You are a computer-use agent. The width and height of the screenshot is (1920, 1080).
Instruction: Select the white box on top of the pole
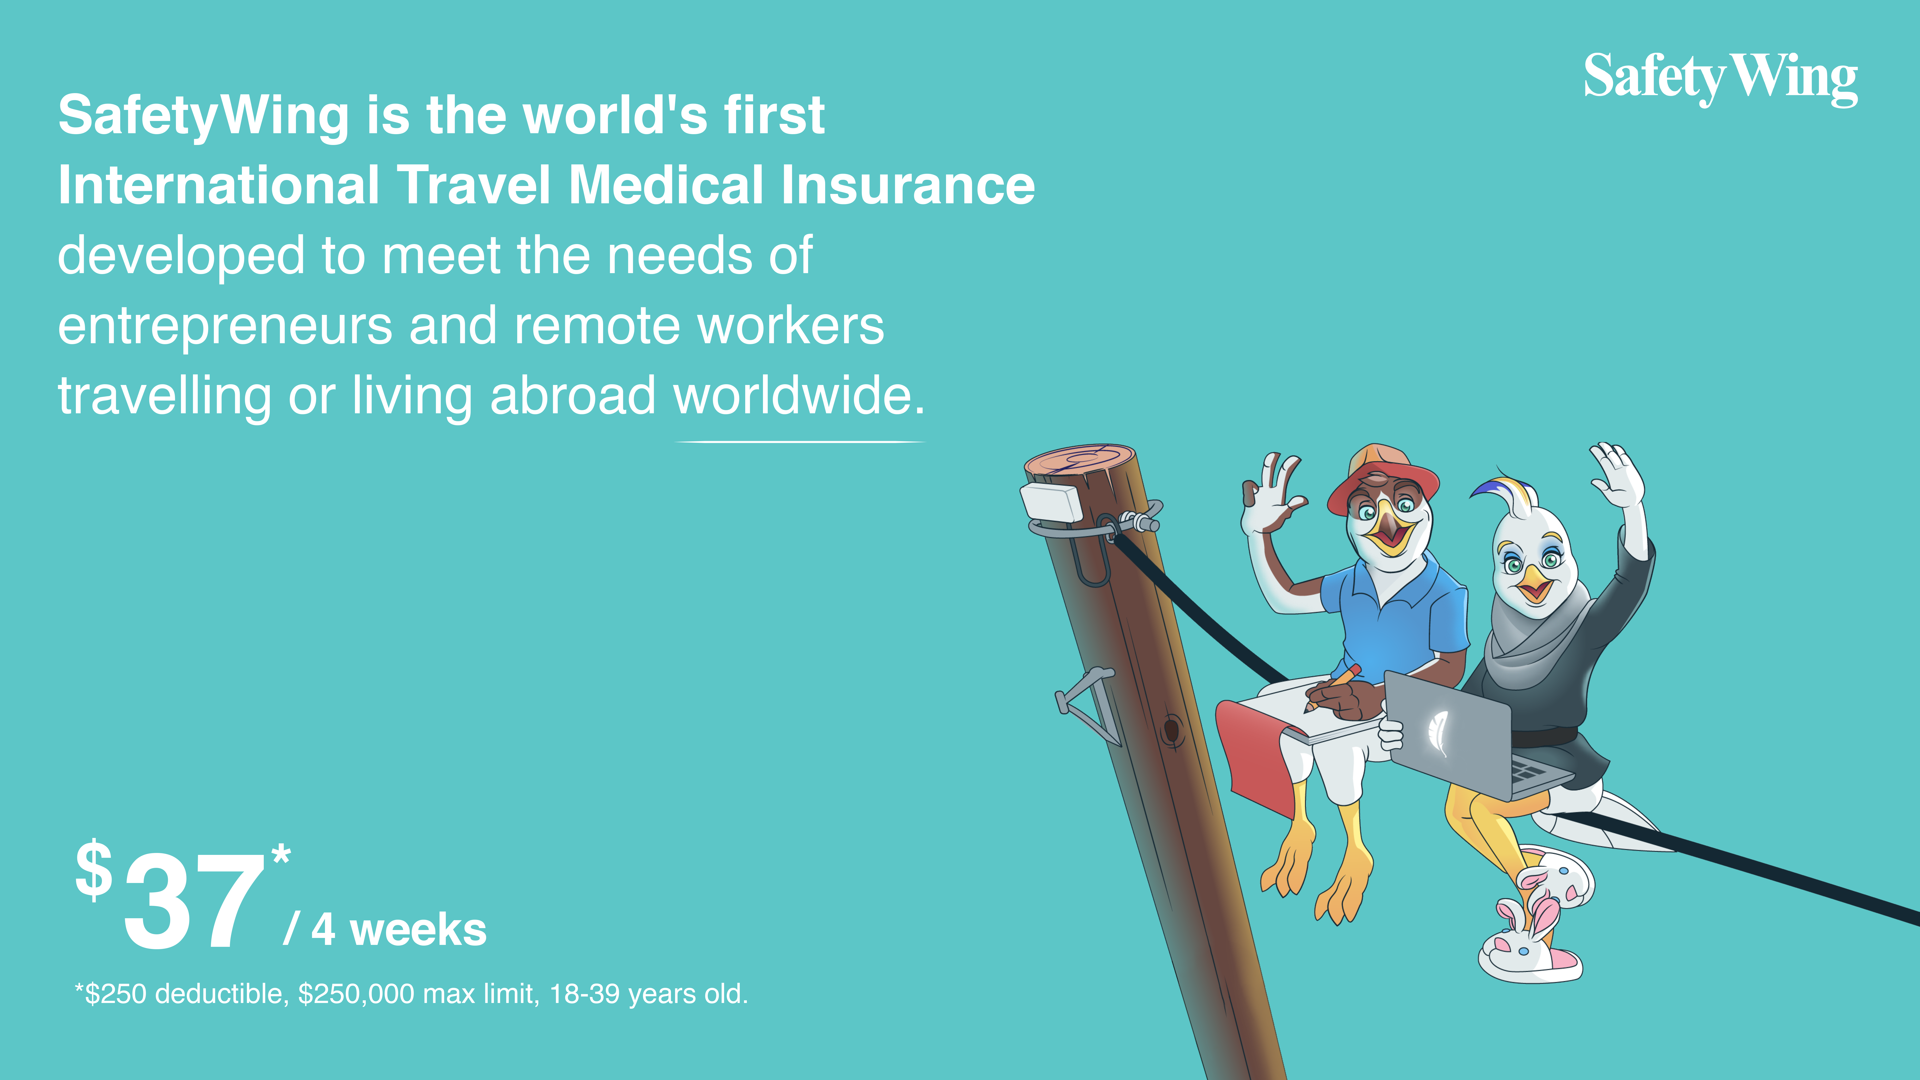pos(1051,502)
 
